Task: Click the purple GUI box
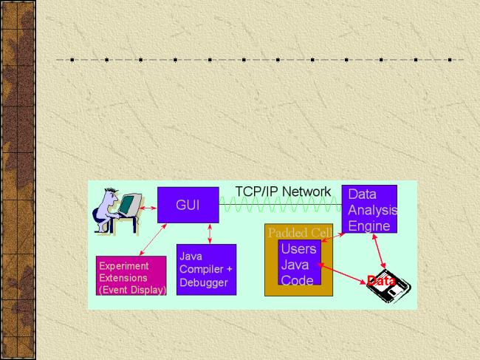(x=188, y=205)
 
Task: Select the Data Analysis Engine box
(x=369, y=209)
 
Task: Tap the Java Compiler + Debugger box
(x=206, y=270)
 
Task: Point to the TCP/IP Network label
(x=283, y=191)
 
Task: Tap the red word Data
(x=381, y=281)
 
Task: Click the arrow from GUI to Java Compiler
(x=212, y=234)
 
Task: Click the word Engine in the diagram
(x=368, y=226)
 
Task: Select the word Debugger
(x=204, y=282)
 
